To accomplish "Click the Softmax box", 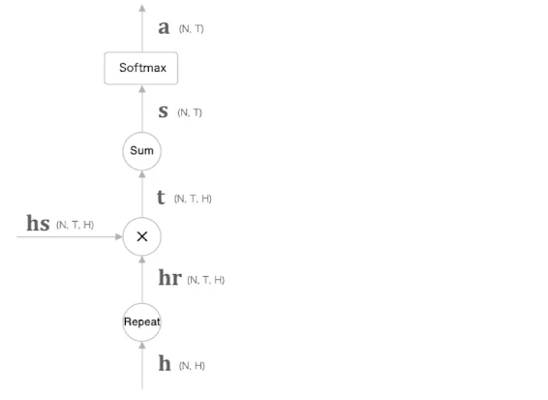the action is (x=141, y=68).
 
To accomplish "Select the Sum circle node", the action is (x=142, y=151).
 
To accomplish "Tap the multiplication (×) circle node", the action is (x=142, y=236).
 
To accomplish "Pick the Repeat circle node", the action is (x=142, y=322).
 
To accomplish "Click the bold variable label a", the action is (x=164, y=28).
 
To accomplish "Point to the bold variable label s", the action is (x=164, y=111).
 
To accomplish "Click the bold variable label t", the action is (x=161, y=197).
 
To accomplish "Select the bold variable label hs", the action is (x=38, y=223).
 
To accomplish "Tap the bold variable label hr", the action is (x=170, y=278).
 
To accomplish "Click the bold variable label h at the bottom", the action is (x=165, y=363).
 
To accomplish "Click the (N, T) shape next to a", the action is (x=191, y=29).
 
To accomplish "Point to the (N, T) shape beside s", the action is (x=190, y=112).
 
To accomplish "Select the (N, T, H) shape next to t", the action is (x=193, y=199).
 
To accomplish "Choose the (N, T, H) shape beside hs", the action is (x=76, y=225).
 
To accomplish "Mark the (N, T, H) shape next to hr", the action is (x=206, y=280).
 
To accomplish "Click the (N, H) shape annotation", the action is (x=192, y=366).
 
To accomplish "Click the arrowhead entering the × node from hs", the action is (x=119, y=236).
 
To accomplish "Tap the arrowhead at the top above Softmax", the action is (x=142, y=9).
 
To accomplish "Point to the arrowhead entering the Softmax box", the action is (x=142, y=89).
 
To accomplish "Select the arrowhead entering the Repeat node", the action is (x=142, y=346).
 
